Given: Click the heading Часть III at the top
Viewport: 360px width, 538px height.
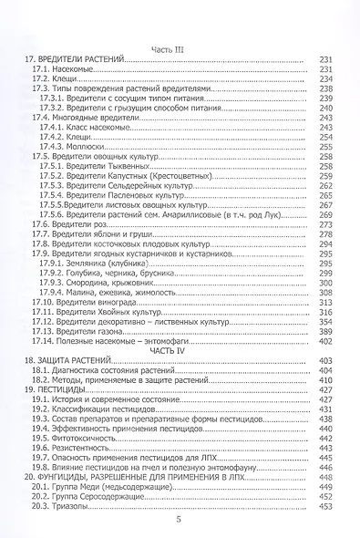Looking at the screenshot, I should click(x=178, y=48).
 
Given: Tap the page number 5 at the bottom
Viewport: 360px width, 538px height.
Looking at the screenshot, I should click(x=179, y=519).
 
